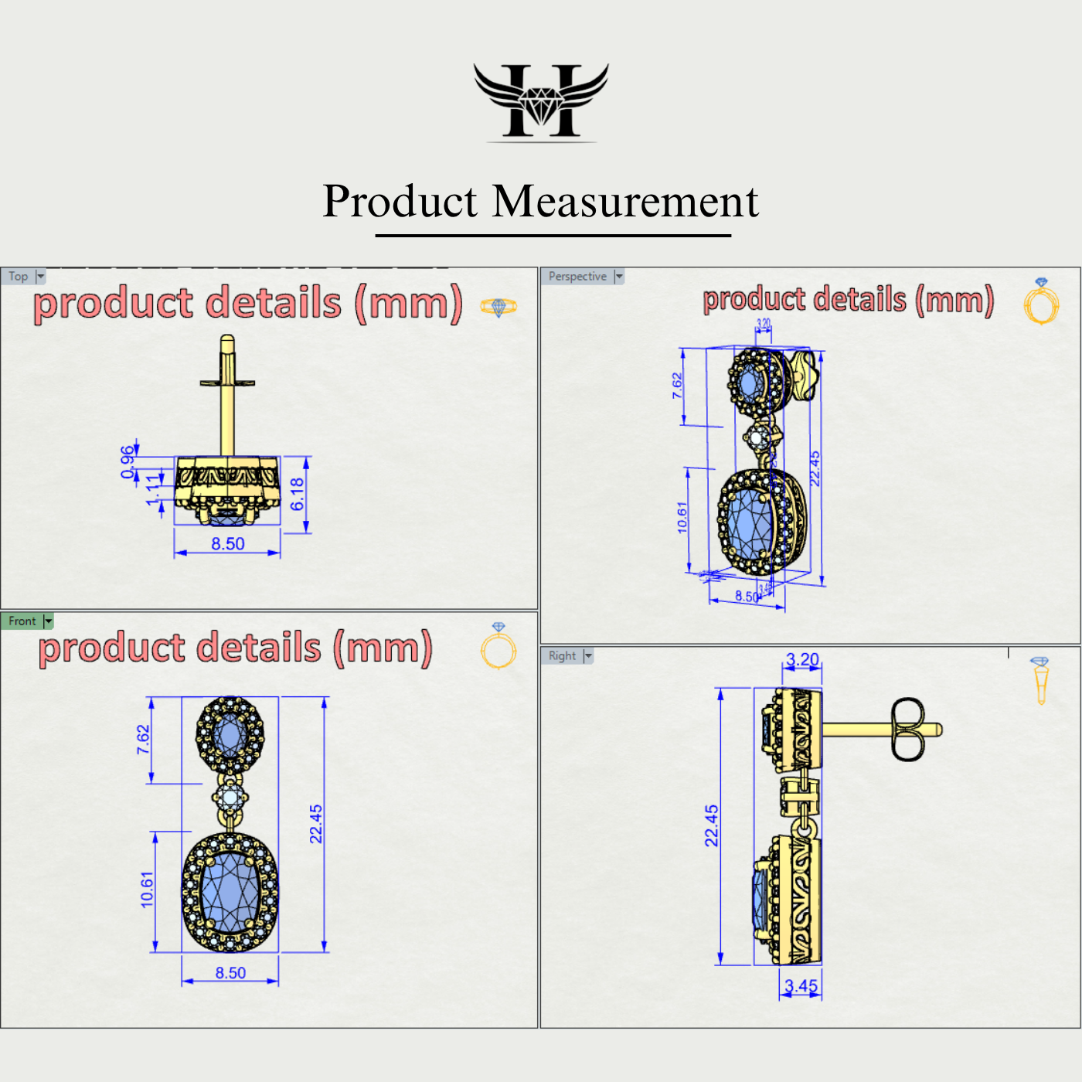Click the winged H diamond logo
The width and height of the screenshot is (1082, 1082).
point(541,101)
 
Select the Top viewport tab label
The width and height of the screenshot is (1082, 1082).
point(19,277)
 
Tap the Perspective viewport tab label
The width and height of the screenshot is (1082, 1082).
point(577,277)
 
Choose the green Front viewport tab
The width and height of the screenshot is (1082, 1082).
point(22,621)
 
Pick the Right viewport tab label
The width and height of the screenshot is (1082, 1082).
point(562,656)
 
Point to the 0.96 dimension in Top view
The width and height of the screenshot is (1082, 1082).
point(128,462)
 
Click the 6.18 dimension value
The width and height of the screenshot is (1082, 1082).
point(298,494)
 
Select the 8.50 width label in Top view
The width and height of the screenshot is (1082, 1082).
point(228,544)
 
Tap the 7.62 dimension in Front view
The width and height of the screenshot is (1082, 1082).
point(143,740)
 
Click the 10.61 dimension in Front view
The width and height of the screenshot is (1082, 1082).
point(147,890)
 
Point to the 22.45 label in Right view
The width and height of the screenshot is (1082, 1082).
point(711,825)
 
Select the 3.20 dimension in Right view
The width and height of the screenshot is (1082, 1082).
point(802,660)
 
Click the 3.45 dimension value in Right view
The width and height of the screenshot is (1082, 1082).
point(801,986)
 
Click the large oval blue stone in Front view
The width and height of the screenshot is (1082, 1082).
point(230,893)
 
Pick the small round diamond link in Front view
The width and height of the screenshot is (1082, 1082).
point(230,798)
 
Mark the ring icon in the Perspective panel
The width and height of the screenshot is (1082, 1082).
point(1041,302)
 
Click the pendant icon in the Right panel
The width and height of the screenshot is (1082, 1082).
point(1040,680)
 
